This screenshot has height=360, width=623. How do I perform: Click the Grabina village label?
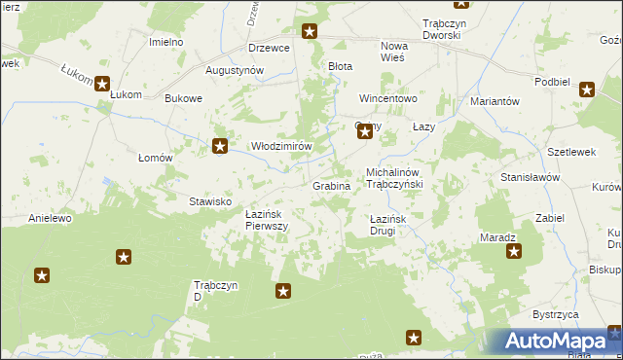(x=330, y=185)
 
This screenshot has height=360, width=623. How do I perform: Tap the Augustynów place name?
(x=235, y=71)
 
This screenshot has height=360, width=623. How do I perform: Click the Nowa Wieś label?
(x=394, y=52)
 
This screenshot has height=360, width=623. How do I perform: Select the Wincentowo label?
(x=387, y=99)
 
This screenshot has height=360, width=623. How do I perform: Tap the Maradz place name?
(x=497, y=237)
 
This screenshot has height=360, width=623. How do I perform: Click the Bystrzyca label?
(x=556, y=315)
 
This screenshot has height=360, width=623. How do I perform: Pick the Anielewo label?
(x=51, y=219)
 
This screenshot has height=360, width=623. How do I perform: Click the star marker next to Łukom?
(x=102, y=84)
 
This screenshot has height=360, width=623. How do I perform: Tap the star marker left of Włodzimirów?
(x=220, y=147)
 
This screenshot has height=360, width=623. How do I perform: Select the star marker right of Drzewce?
(x=310, y=32)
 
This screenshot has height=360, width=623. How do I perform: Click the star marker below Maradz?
(x=513, y=252)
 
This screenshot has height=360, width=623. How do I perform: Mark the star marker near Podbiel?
(x=587, y=90)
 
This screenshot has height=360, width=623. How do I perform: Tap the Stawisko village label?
(x=209, y=201)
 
